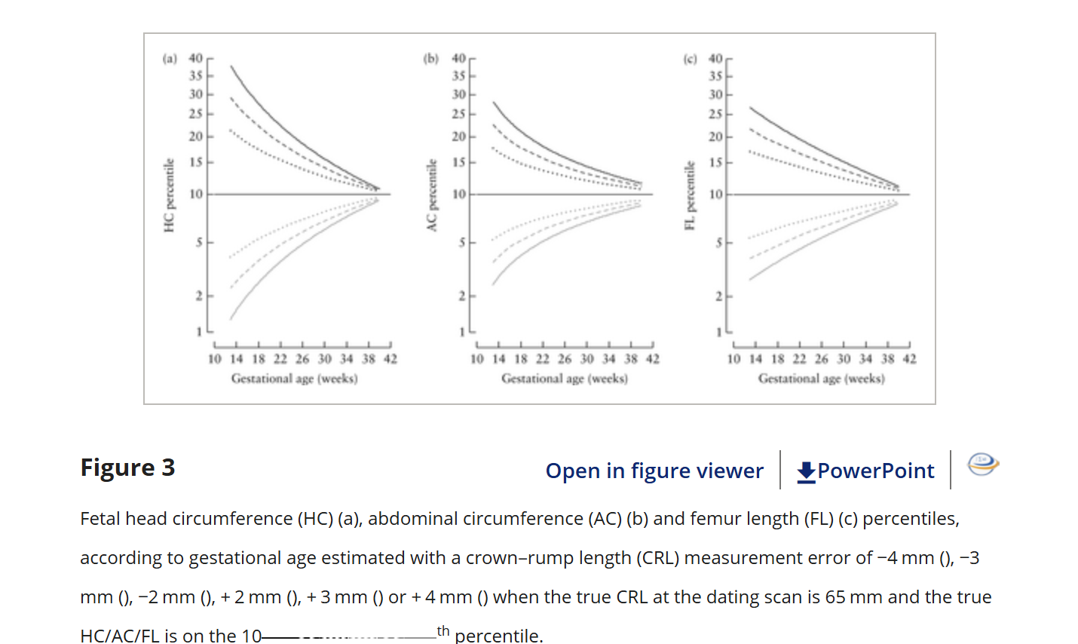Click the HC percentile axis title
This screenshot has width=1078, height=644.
(x=169, y=195)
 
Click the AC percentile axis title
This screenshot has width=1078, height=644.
(x=431, y=195)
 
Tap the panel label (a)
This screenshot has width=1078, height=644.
(x=170, y=58)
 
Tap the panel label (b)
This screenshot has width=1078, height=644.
(x=431, y=58)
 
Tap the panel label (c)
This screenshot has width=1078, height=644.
(x=690, y=58)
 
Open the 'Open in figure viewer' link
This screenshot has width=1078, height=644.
(x=654, y=471)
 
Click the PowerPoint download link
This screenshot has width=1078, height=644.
(x=865, y=471)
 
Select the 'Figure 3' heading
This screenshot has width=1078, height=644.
(x=127, y=468)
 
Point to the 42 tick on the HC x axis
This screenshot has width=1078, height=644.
(x=390, y=359)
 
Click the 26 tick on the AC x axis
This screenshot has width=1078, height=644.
(x=565, y=359)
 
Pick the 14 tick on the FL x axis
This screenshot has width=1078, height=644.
(x=755, y=359)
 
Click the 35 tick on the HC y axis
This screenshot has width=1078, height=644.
(x=196, y=75)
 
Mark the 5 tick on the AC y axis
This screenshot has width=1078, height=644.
(x=462, y=242)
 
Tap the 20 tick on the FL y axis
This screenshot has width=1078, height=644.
(x=715, y=136)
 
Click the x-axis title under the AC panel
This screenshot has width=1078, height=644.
(x=565, y=378)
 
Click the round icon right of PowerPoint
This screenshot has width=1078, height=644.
(x=983, y=465)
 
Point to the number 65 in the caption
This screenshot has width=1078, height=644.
(x=835, y=597)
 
